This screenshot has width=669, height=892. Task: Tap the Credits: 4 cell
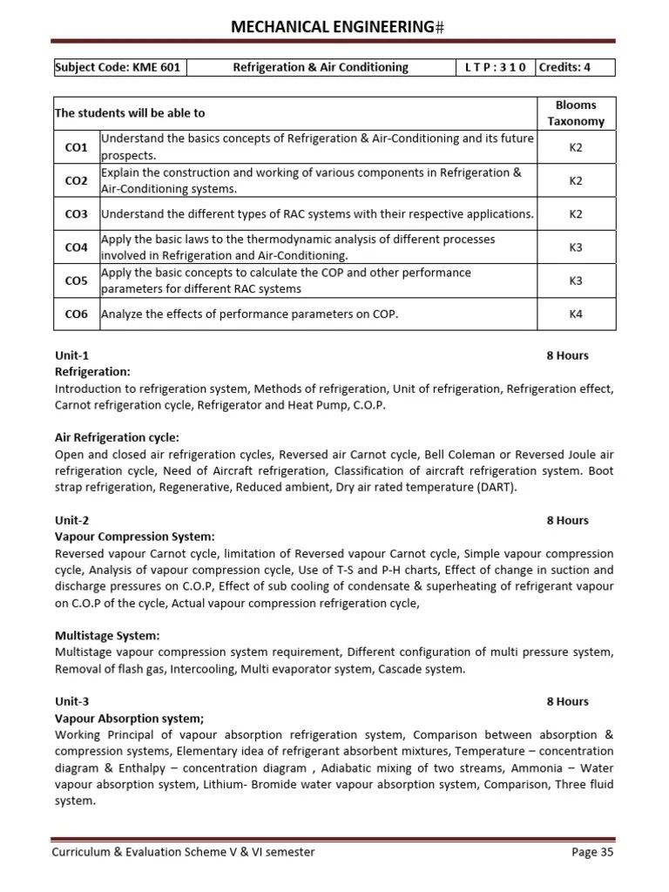pyautogui.click(x=564, y=67)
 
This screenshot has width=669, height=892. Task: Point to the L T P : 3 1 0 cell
pyautogui.click(x=496, y=67)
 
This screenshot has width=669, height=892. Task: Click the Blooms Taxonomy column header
pyautogui.click(x=575, y=113)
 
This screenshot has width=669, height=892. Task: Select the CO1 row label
pyautogui.click(x=77, y=148)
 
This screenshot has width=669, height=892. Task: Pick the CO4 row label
pyautogui.click(x=77, y=247)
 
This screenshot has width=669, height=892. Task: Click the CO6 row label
pyautogui.click(x=77, y=314)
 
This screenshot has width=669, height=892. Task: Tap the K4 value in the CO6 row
pyautogui.click(x=575, y=314)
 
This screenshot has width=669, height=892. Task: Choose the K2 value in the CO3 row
pyautogui.click(x=575, y=214)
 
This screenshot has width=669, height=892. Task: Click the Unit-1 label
pyautogui.click(x=72, y=355)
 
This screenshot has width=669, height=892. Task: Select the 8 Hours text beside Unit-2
pyautogui.click(x=567, y=520)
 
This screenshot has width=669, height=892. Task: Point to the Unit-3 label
pyautogui.click(x=72, y=701)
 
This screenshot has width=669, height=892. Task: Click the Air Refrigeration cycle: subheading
pyautogui.click(x=117, y=437)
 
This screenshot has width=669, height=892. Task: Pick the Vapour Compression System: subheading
pyautogui.click(x=134, y=537)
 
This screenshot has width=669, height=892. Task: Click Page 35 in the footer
pyautogui.click(x=592, y=852)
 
